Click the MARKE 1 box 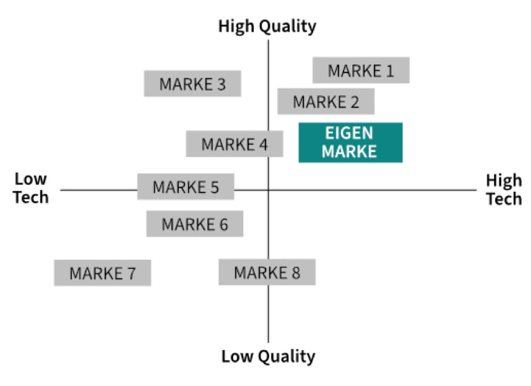point(361,70)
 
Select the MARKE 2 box point(326,101)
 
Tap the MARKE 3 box point(192,84)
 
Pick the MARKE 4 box point(235,144)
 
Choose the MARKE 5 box point(186,186)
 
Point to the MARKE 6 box point(194,224)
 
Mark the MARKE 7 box point(102,273)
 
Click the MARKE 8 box point(267,272)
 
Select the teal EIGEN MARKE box point(350,142)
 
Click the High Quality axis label point(267,26)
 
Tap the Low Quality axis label point(268,356)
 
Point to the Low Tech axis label point(31,188)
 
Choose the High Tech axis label point(503,189)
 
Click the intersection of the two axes point(268,190)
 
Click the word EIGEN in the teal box point(350,134)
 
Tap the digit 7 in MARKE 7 point(131,273)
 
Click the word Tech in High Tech point(504,198)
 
